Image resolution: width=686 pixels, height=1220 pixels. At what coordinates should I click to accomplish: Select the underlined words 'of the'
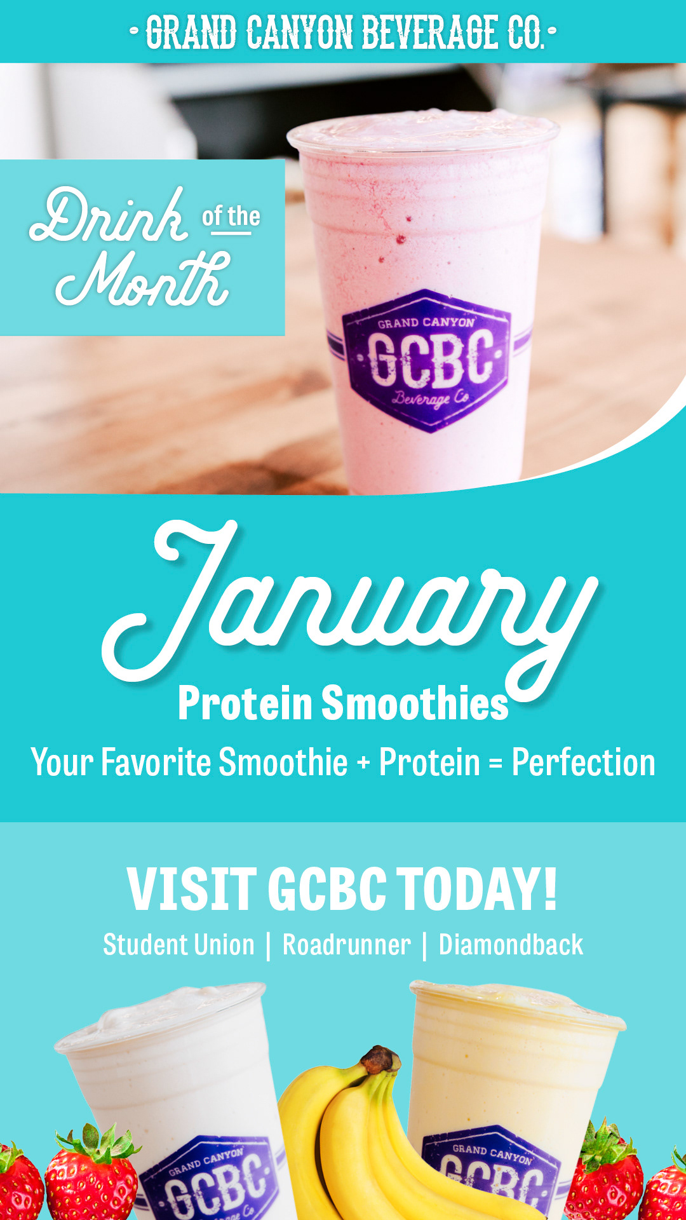pyautogui.click(x=231, y=217)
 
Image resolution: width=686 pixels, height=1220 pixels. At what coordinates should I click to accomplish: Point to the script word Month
pyautogui.click(x=143, y=280)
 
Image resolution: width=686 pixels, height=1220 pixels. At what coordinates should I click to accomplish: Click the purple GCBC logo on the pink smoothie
pyautogui.click(x=427, y=360)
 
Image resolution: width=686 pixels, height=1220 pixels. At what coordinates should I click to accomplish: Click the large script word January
pyautogui.click(x=349, y=604)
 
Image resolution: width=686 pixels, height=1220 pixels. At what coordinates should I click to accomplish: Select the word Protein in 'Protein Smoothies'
pyautogui.click(x=245, y=703)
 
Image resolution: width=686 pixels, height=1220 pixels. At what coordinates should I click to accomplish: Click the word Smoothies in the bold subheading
pyautogui.click(x=415, y=703)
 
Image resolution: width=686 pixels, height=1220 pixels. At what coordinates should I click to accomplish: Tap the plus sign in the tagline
pyautogui.click(x=363, y=762)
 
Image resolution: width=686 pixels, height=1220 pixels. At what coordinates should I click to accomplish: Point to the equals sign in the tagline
pyautogui.click(x=495, y=763)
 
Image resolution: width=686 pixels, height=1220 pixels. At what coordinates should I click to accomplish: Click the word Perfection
pyautogui.click(x=583, y=762)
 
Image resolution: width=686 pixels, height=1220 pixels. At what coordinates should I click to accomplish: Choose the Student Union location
pyautogui.click(x=178, y=945)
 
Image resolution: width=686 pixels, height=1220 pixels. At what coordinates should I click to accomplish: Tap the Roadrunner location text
pyautogui.click(x=347, y=945)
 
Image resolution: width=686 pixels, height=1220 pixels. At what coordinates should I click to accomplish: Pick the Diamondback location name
pyautogui.click(x=511, y=945)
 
